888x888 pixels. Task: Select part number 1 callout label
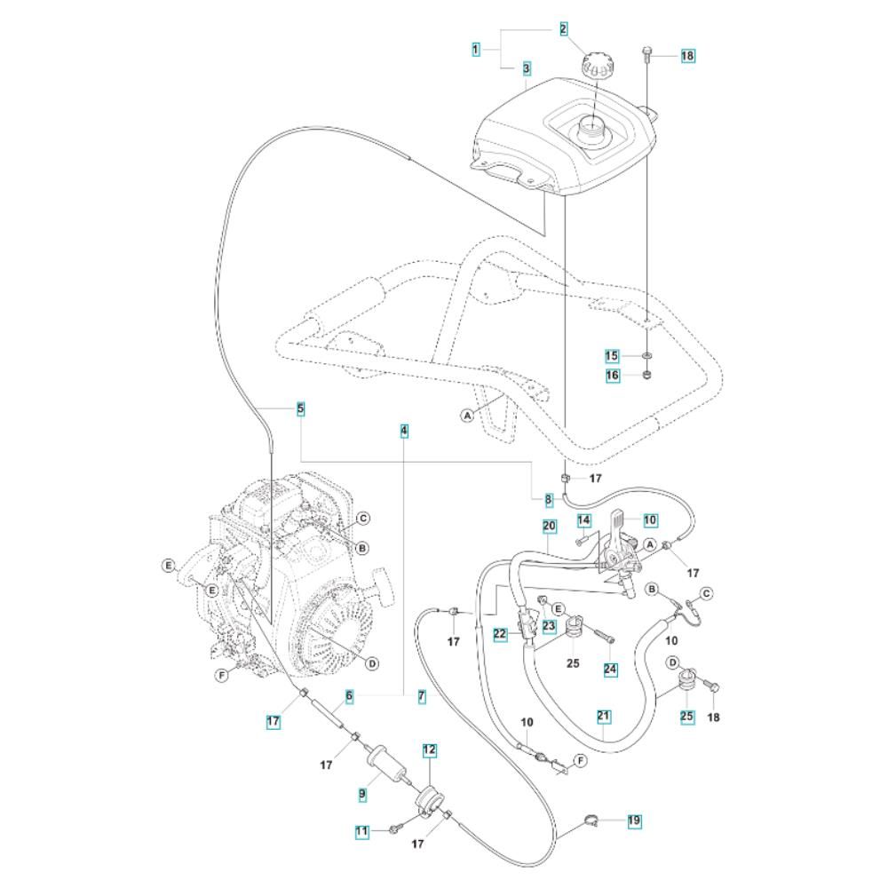476,49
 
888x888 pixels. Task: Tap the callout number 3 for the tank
527,69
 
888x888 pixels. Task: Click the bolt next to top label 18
648,53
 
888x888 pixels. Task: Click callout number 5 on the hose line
301,408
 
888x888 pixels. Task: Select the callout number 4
404,431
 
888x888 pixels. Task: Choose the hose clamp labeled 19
590,821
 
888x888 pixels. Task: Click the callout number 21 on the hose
604,717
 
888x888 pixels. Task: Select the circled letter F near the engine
222,675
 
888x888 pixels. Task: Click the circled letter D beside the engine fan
372,663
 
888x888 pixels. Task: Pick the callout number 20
550,526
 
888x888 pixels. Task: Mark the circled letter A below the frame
467,416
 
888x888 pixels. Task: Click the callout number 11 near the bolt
362,831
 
